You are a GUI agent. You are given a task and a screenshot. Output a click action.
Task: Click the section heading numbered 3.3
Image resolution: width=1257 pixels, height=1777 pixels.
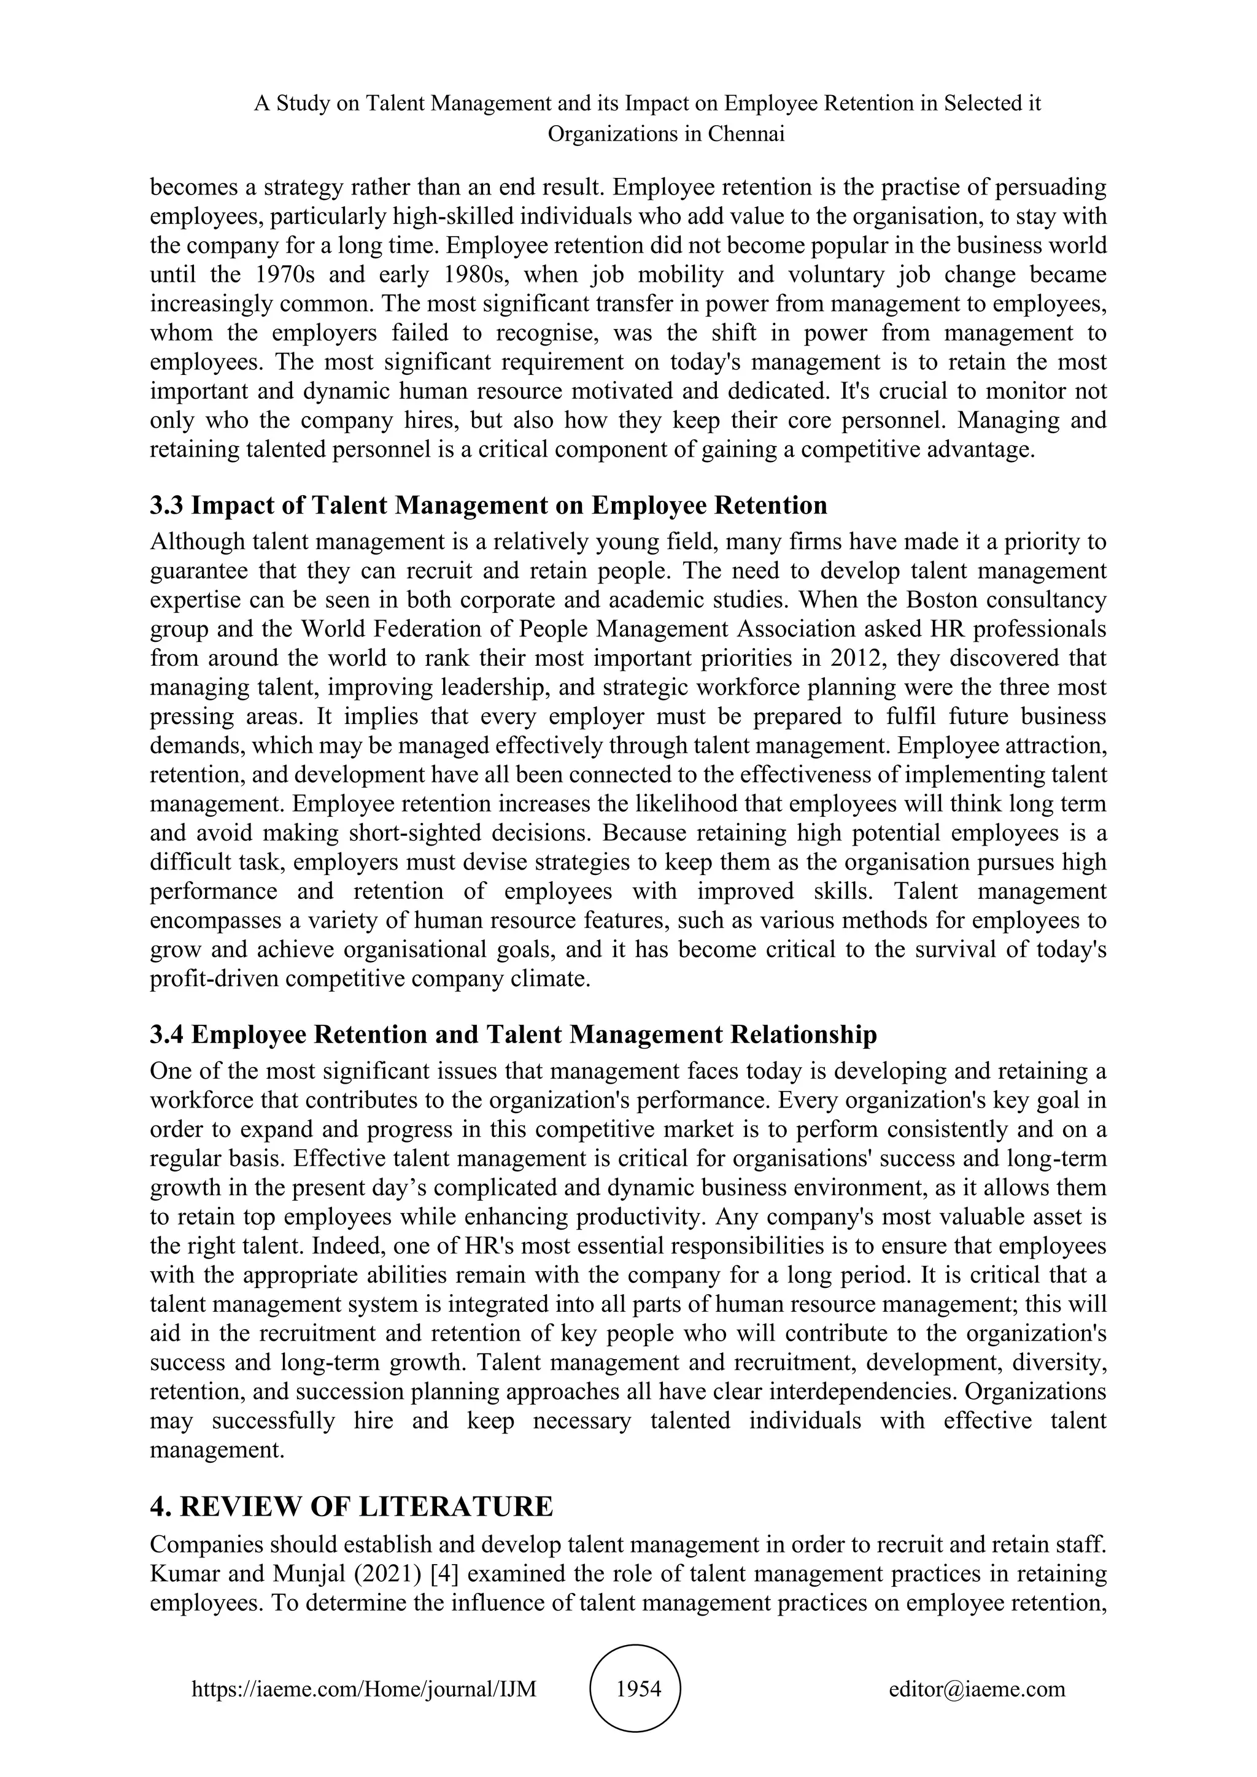[489, 506]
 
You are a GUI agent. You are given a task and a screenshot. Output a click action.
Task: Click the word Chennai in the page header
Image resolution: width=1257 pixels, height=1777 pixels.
[746, 134]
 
